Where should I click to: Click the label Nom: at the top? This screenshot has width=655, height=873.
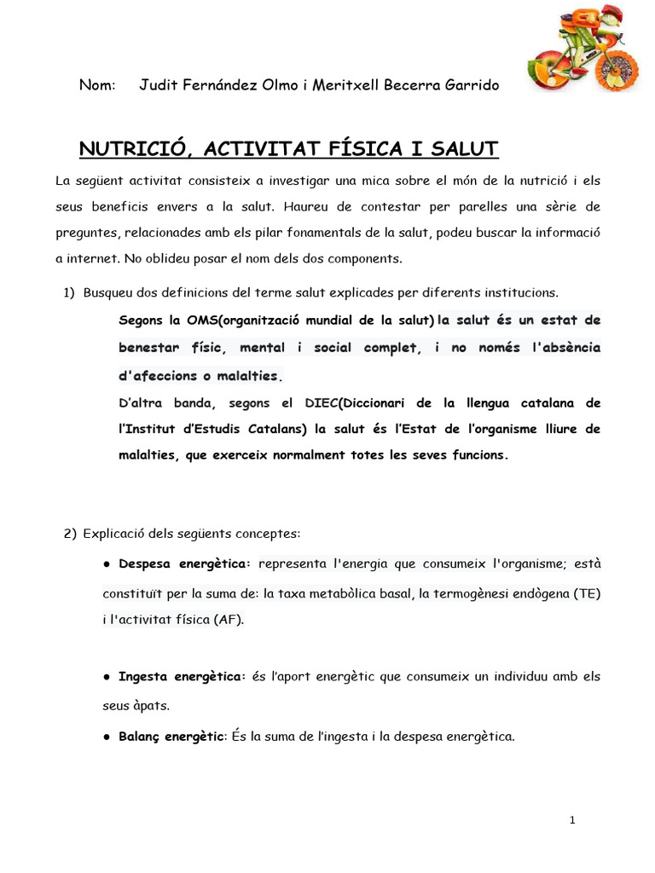point(97,85)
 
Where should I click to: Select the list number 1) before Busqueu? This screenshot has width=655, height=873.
point(70,292)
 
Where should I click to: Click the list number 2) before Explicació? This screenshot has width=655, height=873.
point(70,534)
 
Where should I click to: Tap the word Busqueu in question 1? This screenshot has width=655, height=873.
point(107,292)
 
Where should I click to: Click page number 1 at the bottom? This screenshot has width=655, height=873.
point(572,820)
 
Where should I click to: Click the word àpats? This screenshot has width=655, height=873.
point(151,706)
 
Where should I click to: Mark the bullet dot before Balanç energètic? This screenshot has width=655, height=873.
point(107,736)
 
